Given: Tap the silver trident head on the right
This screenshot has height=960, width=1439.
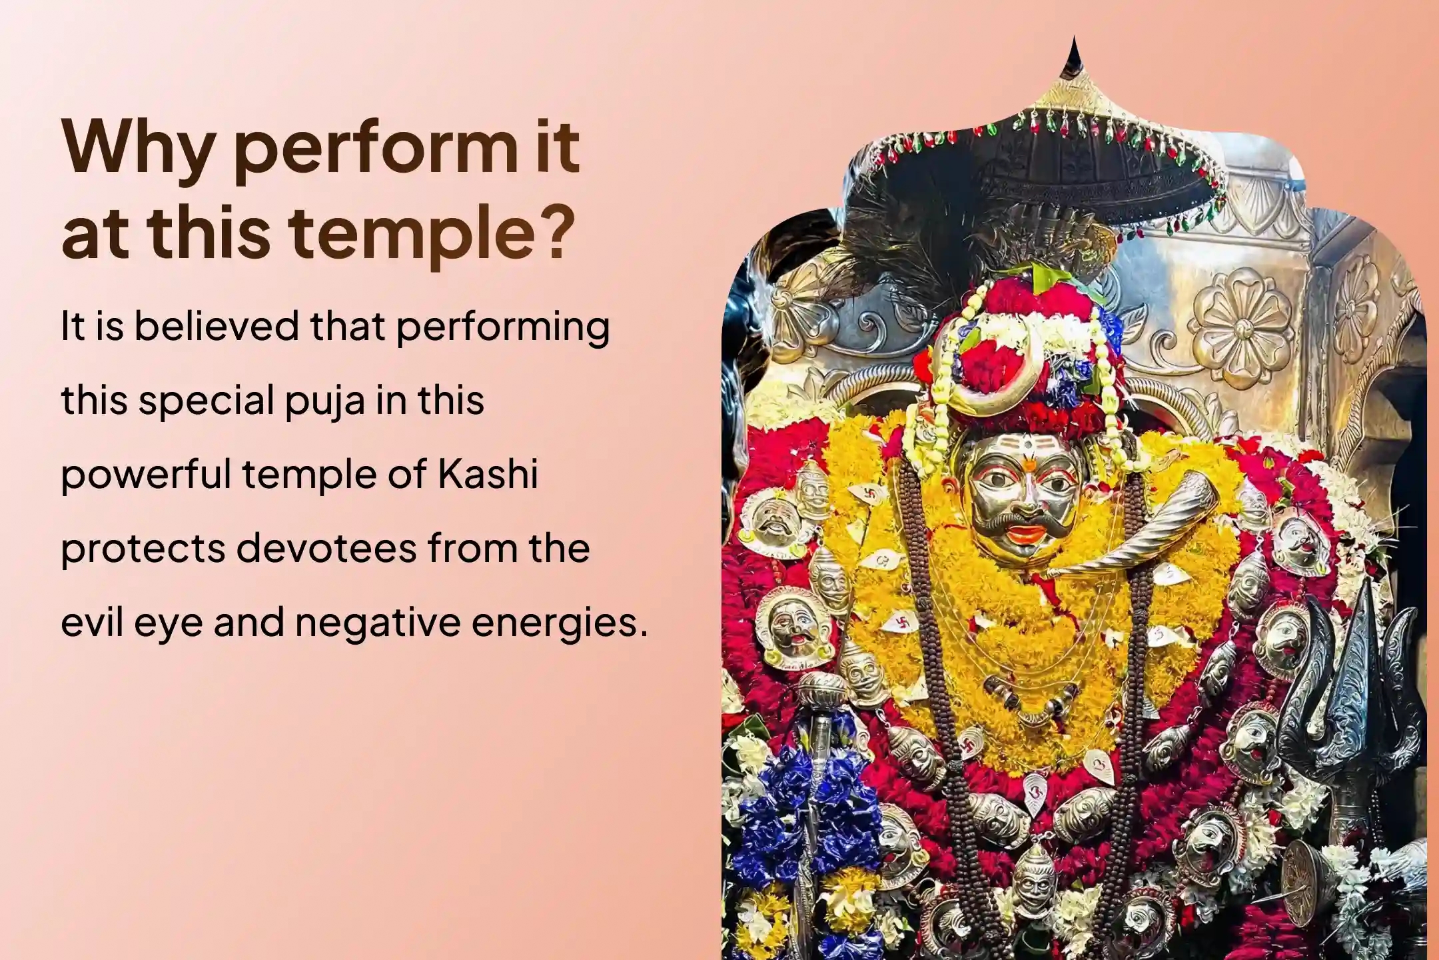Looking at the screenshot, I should (1352, 673).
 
